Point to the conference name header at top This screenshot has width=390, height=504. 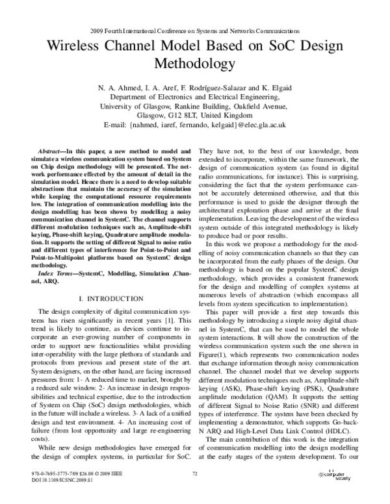pyautogui.click(x=194, y=30)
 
